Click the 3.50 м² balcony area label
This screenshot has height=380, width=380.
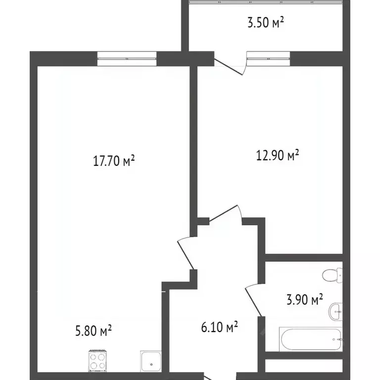click(x=265, y=23)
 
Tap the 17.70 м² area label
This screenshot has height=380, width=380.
click(x=114, y=161)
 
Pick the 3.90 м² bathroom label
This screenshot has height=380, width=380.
click(x=305, y=299)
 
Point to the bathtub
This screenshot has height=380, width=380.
click(x=310, y=338)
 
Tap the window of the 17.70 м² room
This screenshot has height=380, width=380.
click(x=127, y=59)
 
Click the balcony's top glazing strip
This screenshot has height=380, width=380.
click(x=265, y=3)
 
